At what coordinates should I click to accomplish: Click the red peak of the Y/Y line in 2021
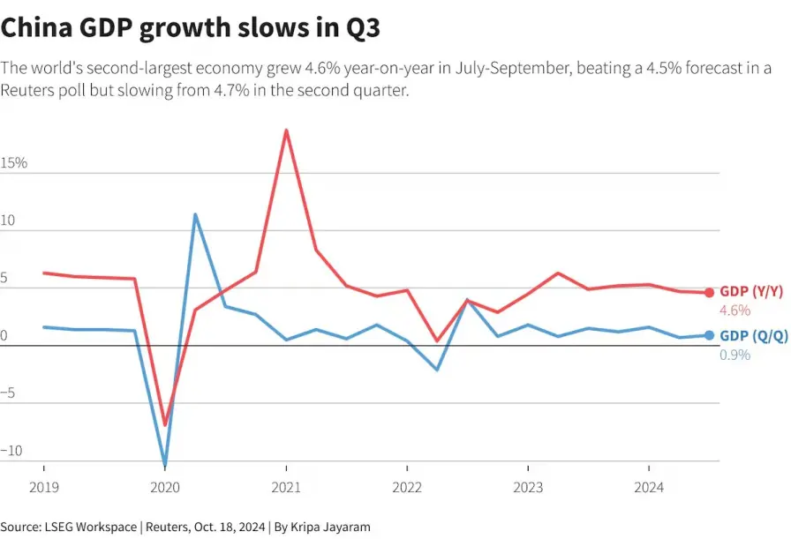click(x=287, y=131)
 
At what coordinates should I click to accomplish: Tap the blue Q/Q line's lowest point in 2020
click(x=165, y=463)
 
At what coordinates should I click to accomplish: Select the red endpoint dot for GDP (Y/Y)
click(x=709, y=293)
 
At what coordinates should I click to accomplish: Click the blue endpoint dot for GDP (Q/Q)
click(x=709, y=335)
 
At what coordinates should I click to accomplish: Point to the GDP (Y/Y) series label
click(x=751, y=291)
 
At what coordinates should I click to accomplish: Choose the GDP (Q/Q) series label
click(x=754, y=336)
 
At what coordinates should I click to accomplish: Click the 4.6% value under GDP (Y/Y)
click(x=735, y=311)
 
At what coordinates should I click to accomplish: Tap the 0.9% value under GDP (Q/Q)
click(x=735, y=355)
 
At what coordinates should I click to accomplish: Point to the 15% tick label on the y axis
click(x=13, y=163)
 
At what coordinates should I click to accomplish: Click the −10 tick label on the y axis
click(x=11, y=450)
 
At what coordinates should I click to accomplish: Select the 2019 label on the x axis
click(x=44, y=488)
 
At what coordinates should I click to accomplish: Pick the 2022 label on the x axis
click(x=407, y=488)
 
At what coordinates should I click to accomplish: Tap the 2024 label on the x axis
click(x=649, y=488)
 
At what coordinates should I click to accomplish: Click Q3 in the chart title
click(x=363, y=27)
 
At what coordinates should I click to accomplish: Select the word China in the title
click(x=36, y=27)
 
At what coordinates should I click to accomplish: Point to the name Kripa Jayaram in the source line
click(x=330, y=527)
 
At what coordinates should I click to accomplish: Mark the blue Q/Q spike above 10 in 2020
click(x=195, y=215)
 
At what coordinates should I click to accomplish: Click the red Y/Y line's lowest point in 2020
click(x=165, y=423)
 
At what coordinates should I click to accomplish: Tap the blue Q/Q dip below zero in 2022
click(x=437, y=369)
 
